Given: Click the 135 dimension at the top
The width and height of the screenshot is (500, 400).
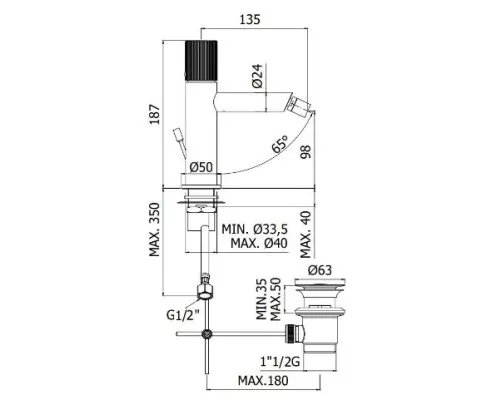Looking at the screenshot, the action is click(250, 19).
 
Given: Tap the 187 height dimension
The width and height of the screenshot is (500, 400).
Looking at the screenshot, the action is click(154, 114).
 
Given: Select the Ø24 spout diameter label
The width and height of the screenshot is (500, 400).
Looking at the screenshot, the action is click(257, 76).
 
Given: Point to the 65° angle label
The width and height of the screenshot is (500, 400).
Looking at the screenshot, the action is click(280, 144).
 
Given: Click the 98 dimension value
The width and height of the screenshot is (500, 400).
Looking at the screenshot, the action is click(305, 152).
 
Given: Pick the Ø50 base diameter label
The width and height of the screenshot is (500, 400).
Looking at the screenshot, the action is click(201, 167).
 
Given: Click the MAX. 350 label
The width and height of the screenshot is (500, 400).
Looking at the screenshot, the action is click(154, 229).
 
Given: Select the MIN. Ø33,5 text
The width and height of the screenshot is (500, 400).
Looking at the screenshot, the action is click(255, 229).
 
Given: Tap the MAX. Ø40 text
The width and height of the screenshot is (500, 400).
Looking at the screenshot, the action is click(259, 243).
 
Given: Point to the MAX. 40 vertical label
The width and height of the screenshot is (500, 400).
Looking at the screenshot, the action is click(305, 235).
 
